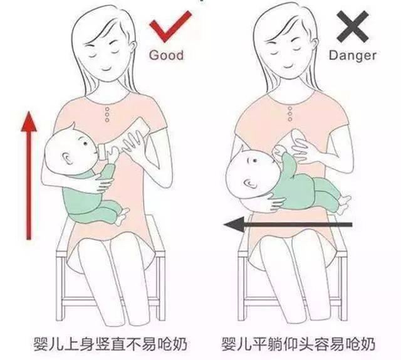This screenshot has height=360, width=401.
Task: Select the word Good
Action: coord(166,55)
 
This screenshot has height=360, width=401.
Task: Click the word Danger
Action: coord(353,55)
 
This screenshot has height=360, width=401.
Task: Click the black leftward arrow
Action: coord(288,223)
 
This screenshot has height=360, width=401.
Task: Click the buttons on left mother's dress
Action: coord(107,114)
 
